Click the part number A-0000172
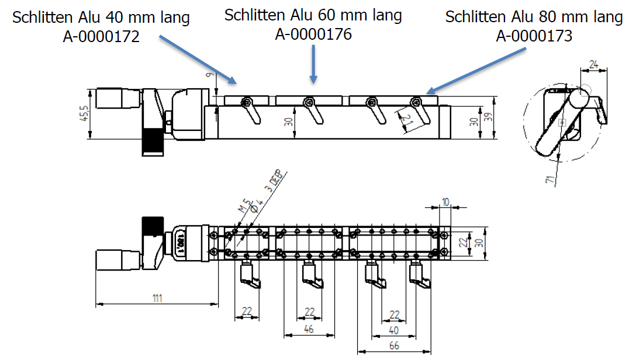(101, 37)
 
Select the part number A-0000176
(313, 34)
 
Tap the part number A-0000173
(534, 36)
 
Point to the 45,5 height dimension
(84, 114)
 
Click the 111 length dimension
(157, 299)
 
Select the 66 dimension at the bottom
(394, 345)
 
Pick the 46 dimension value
(309, 329)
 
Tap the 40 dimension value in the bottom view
(394, 330)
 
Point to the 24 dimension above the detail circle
(593, 64)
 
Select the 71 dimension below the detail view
(550, 179)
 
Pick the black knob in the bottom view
(153, 225)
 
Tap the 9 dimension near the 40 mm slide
(209, 75)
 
